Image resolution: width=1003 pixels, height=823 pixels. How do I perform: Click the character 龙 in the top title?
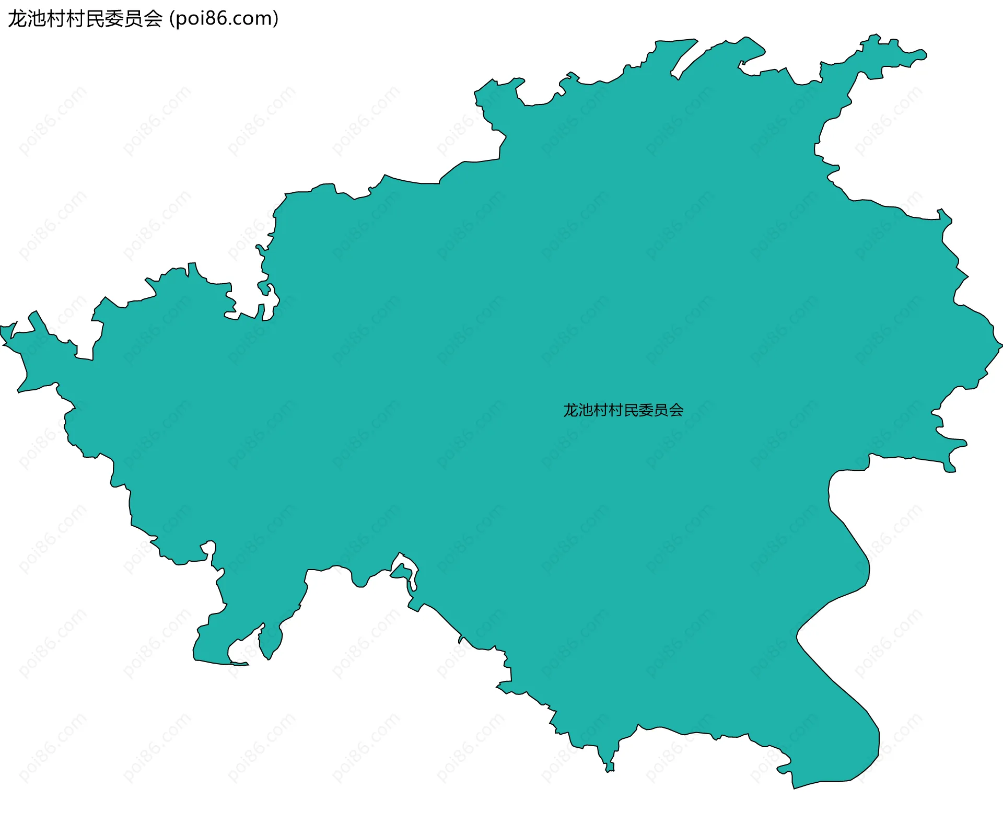(18, 19)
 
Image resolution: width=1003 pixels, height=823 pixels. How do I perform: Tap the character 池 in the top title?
(38, 19)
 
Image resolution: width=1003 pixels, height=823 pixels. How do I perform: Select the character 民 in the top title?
(95, 19)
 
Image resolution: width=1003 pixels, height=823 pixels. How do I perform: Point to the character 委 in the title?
(114, 19)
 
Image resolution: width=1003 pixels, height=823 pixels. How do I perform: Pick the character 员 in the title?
(134, 19)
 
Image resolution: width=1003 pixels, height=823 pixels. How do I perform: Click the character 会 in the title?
(153, 19)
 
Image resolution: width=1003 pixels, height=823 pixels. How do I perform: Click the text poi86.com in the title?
(225, 19)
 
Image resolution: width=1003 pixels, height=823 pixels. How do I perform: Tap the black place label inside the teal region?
(623, 410)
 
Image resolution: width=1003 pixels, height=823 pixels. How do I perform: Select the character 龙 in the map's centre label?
(571, 410)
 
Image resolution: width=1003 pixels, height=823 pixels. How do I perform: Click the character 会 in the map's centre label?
(676, 410)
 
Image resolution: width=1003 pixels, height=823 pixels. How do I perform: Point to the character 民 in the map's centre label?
(631, 410)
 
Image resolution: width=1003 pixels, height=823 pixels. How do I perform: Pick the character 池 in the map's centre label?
(586, 410)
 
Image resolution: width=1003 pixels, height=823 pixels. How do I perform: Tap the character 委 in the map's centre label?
(646, 410)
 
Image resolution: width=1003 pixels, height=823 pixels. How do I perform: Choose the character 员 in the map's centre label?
(661, 410)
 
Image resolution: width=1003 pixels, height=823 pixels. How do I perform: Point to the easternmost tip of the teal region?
(1001, 345)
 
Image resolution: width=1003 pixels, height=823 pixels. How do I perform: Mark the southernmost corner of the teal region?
(794, 788)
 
